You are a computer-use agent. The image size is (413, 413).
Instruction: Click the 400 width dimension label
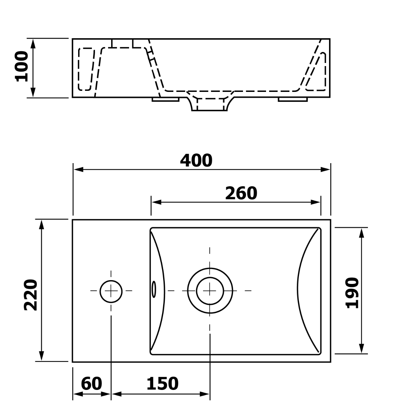(196, 160)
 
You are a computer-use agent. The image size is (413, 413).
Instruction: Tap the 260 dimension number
(241, 193)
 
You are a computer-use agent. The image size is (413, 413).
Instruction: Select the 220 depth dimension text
(31, 295)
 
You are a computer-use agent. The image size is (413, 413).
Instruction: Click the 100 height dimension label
(21, 66)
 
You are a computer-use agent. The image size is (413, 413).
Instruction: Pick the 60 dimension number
(91, 383)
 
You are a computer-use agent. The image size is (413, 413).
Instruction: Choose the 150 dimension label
(162, 383)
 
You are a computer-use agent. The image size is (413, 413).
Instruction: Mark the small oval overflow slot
(153, 289)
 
